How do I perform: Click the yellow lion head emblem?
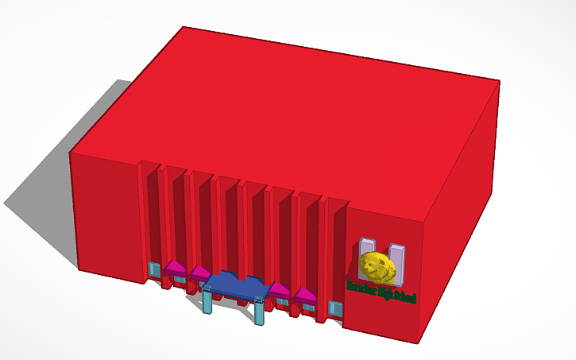(378, 267)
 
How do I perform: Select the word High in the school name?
(388, 292)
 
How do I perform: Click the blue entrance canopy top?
(234, 285)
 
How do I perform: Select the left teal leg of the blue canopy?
(208, 303)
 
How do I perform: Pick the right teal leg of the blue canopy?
(260, 311)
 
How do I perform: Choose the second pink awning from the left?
(199, 275)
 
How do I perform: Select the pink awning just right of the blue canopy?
(279, 289)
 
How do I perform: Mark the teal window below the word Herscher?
(335, 308)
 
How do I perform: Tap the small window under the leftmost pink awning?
(178, 279)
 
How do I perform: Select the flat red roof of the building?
(294, 111)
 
